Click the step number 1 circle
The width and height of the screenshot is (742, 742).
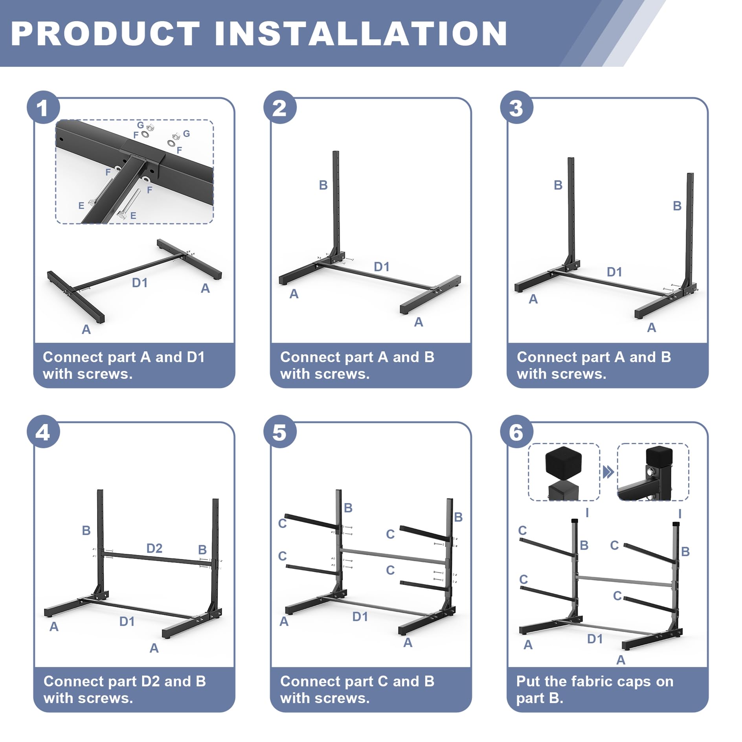pos(43,107)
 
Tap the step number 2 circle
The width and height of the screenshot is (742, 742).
pos(280,107)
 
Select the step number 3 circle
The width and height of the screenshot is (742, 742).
pos(516,107)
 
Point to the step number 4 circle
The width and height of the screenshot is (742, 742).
pos(43,432)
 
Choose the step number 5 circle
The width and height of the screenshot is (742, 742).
pos(280,432)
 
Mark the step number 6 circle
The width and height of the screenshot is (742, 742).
pos(516,432)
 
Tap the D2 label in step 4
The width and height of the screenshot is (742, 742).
pos(154,548)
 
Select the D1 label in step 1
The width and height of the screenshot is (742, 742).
pos(140,283)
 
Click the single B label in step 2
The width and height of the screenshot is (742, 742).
pos(323,185)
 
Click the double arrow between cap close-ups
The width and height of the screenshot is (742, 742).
pos(608,472)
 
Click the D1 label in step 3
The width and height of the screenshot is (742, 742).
pos(614,272)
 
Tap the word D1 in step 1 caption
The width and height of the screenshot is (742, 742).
pos(196,357)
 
